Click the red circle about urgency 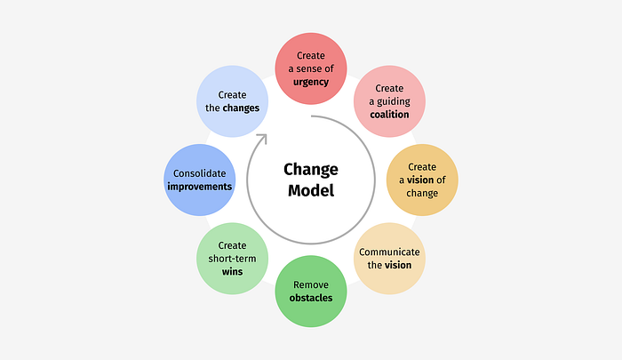pyautogui.click(x=311, y=68)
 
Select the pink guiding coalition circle pyautogui.click(x=389, y=101)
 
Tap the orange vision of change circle pyautogui.click(x=422, y=180)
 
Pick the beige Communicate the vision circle pyautogui.click(x=389, y=258)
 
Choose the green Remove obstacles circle pyautogui.click(x=311, y=291)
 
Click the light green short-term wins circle pyautogui.click(x=232, y=258)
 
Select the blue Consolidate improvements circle pyautogui.click(x=199, y=180)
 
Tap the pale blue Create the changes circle pyautogui.click(x=232, y=101)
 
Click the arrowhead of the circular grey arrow pyautogui.click(x=261, y=139)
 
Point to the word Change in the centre pyautogui.click(x=311, y=169)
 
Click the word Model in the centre pyautogui.click(x=311, y=190)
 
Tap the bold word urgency pyautogui.click(x=311, y=82)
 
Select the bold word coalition pyautogui.click(x=389, y=114)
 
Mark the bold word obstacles pyautogui.click(x=311, y=298)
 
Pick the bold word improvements pyautogui.click(x=199, y=187)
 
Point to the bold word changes pyautogui.click(x=241, y=108)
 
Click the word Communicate pyautogui.click(x=389, y=252)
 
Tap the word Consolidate pyautogui.click(x=199, y=173)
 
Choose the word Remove pyautogui.click(x=311, y=284)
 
